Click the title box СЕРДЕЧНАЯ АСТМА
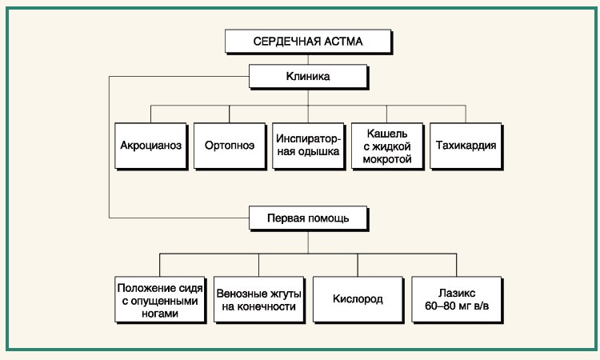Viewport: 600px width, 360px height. coord(308,42)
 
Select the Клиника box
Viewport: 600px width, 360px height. coord(308,77)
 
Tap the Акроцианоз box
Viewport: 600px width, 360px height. coord(150,146)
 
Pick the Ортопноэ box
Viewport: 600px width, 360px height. coord(230,146)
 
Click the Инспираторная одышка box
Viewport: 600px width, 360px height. coord(308,146)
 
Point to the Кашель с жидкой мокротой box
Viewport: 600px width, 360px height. coord(387,146)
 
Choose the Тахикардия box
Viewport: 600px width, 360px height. coord(466,146)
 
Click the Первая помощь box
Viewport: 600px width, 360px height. coord(308,218)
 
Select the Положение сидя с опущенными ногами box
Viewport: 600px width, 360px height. coord(160,299)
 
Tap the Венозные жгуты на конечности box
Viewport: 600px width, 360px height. coord(258,299)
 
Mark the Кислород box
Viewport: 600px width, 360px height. coord(358,299)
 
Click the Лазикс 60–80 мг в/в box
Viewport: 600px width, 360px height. coord(457,299)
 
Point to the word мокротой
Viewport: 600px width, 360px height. coord(387,159)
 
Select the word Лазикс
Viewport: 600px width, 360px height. coord(457,294)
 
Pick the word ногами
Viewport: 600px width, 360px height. coord(160,314)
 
